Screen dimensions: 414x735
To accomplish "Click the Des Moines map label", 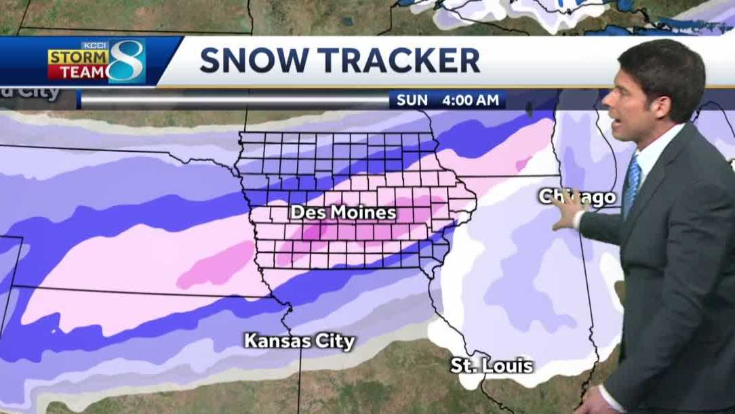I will (343, 213).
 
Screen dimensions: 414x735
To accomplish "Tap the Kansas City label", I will (300, 341).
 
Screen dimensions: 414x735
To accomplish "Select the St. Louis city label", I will (492, 366).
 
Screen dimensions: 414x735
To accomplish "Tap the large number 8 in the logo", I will (127, 61).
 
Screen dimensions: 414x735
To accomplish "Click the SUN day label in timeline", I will (412, 100).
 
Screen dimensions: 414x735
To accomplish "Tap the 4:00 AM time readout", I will (471, 100).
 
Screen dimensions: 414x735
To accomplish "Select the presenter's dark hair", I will (661, 64).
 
